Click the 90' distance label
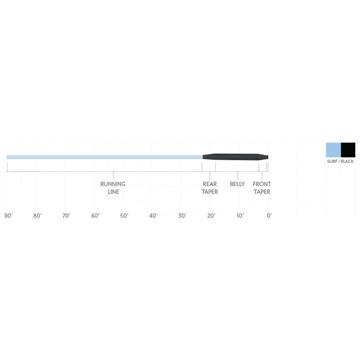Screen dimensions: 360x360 click(8, 216)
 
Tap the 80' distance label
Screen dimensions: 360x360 click(38, 216)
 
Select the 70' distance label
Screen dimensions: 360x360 click(66, 216)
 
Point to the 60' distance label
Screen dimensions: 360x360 click(96, 216)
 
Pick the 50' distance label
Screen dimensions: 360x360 click(124, 216)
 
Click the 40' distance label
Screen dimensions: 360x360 click(154, 216)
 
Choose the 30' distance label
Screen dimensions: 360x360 click(182, 216)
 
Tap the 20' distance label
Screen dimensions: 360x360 click(211, 216)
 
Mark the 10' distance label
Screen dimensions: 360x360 click(240, 216)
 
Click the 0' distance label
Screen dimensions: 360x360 click(269, 216)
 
